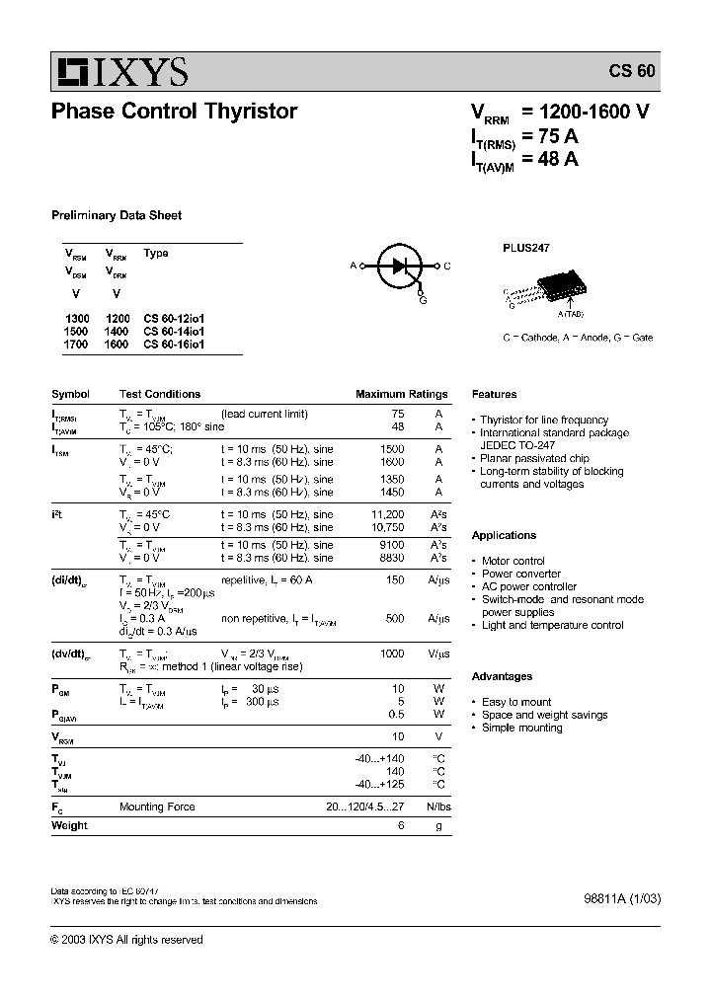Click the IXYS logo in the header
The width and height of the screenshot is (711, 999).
[121, 71]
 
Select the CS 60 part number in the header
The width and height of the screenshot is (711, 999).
[631, 72]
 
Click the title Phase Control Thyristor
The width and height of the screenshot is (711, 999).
[174, 112]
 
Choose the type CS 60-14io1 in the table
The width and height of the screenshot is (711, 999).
[174, 332]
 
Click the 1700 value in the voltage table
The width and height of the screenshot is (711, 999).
[77, 345]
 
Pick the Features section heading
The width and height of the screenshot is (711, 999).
[494, 394]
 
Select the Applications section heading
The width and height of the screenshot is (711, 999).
[504, 535]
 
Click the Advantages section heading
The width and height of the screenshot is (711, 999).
[502, 676]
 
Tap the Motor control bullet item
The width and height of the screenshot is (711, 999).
[513, 561]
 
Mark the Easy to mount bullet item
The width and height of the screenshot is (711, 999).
[515, 702]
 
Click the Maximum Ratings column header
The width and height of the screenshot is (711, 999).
[401, 394]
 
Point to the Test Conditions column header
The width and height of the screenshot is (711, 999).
[160, 394]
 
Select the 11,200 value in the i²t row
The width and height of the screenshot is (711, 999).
[387, 514]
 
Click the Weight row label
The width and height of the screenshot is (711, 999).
[69, 825]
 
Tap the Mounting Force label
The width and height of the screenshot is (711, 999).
[157, 807]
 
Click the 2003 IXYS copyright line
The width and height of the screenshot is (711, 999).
[126, 940]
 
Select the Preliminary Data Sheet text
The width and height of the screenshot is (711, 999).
[117, 215]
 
